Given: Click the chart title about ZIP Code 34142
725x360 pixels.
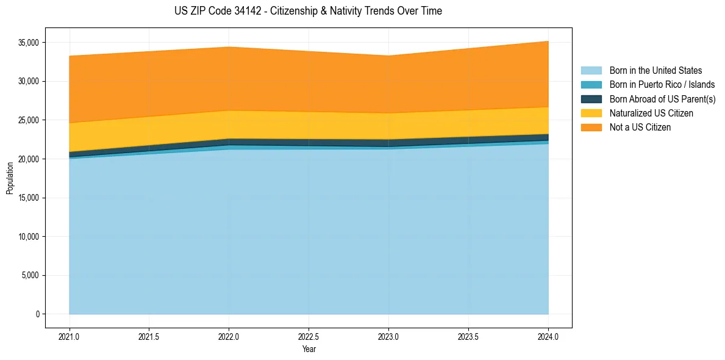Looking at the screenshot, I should coord(308,11).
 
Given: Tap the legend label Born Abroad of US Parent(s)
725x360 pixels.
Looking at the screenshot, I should coord(662,99).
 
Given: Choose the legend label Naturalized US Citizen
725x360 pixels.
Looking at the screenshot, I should coord(651,113).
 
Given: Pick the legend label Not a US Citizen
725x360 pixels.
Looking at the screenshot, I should coord(640,128).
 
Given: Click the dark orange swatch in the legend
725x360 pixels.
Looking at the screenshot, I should coord(591,128).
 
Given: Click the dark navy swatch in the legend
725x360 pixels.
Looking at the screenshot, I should coord(591,99).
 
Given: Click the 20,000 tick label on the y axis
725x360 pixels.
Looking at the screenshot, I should coord(29,159).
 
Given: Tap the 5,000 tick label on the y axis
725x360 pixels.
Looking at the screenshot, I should coord(30,275).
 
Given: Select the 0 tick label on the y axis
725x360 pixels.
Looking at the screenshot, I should coord(37,314).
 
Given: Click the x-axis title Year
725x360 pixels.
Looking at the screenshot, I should coord(309,349).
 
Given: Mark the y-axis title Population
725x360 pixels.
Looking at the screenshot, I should coord(10,178).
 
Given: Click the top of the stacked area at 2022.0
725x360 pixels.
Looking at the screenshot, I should coord(229,47).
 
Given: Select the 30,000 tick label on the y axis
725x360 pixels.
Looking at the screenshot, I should coord(29,82).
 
